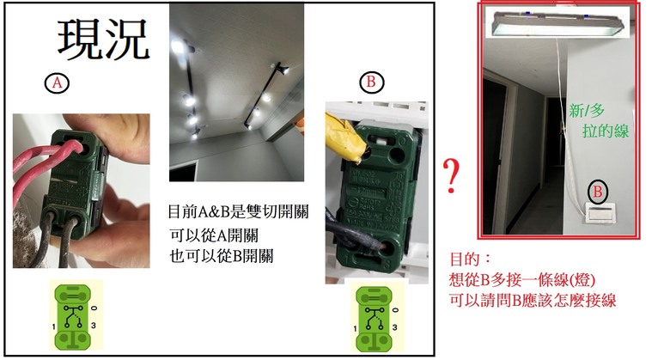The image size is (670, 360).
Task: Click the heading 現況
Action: point(103,40)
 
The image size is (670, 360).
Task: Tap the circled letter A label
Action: point(57,82)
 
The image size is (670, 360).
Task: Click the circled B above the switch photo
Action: point(371,82)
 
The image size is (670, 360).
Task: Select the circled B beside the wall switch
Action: point(597,191)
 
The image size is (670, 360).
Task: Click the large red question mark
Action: point(451,176)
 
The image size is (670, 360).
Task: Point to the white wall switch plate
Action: point(600,213)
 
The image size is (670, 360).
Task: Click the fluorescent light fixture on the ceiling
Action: point(557,22)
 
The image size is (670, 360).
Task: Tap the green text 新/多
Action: point(587,111)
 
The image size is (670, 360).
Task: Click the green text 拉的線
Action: point(605,131)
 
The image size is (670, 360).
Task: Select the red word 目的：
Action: point(471,259)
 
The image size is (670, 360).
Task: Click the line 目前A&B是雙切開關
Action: point(238,211)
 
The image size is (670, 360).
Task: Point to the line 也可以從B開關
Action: point(221,256)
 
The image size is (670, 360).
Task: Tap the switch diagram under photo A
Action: point(76,315)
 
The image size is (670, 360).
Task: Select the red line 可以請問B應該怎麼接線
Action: point(533,300)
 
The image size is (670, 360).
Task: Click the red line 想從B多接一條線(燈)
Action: point(521,279)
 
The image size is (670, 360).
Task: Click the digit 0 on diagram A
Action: point(94,308)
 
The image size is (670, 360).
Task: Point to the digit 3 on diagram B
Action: point(394,327)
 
